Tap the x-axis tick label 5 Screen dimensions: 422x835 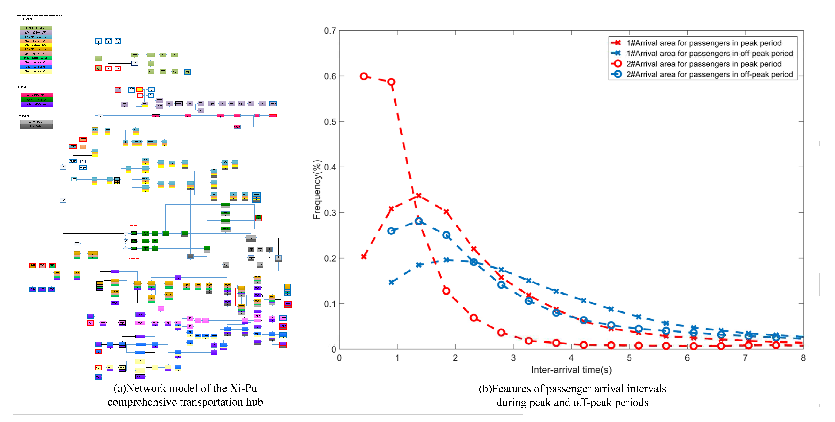click(x=629, y=358)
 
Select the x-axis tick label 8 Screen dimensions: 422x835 click(x=803, y=358)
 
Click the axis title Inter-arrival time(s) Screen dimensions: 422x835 click(x=571, y=370)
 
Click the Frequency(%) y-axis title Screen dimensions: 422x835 click(x=317, y=190)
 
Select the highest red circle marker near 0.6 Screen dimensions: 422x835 click(x=364, y=76)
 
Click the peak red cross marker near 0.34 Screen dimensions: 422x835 click(x=419, y=196)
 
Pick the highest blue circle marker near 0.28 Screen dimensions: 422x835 click(x=419, y=221)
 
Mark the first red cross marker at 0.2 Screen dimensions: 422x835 click(x=364, y=256)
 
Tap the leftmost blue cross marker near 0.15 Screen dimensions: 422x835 click(x=391, y=282)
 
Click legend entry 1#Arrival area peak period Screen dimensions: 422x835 click(x=703, y=43)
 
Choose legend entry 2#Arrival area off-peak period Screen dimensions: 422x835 click(x=709, y=74)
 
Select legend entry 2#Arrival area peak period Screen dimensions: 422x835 click(x=703, y=64)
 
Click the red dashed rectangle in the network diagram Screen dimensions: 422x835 click(x=134, y=241)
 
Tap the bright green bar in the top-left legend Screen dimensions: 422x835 click(x=36, y=58)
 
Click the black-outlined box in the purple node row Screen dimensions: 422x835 click(x=179, y=104)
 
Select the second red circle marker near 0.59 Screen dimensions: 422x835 click(x=391, y=82)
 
